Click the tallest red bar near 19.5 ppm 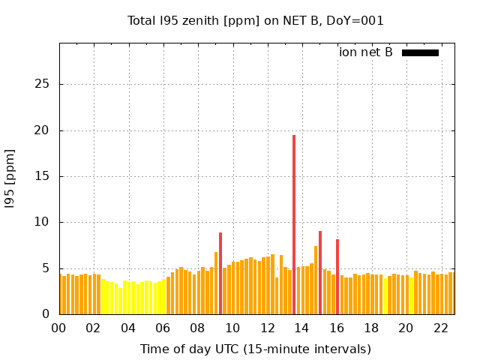(294, 225)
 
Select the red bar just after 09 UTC (220, 274)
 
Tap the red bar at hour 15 (320, 273)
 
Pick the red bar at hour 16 (337, 277)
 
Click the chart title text (256, 21)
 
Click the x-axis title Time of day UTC (256, 349)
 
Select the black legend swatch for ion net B (420, 52)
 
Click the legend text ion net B (366, 52)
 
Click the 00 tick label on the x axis (58, 328)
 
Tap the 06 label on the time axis (163, 328)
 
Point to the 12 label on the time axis (267, 328)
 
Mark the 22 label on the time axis (441, 328)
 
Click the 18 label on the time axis (371, 328)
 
